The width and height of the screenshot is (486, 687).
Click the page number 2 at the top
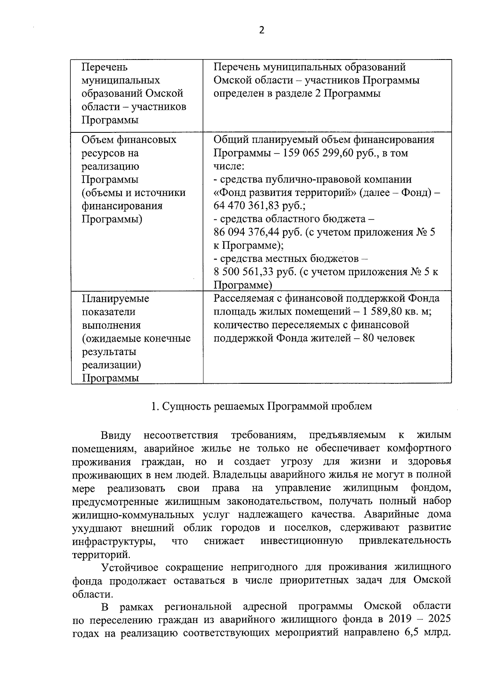(262, 30)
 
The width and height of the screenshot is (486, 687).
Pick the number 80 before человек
(368, 338)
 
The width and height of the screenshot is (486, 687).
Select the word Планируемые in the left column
(115, 299)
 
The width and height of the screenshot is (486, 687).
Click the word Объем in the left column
(98, 140)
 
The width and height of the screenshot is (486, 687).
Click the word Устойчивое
(132, 567)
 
